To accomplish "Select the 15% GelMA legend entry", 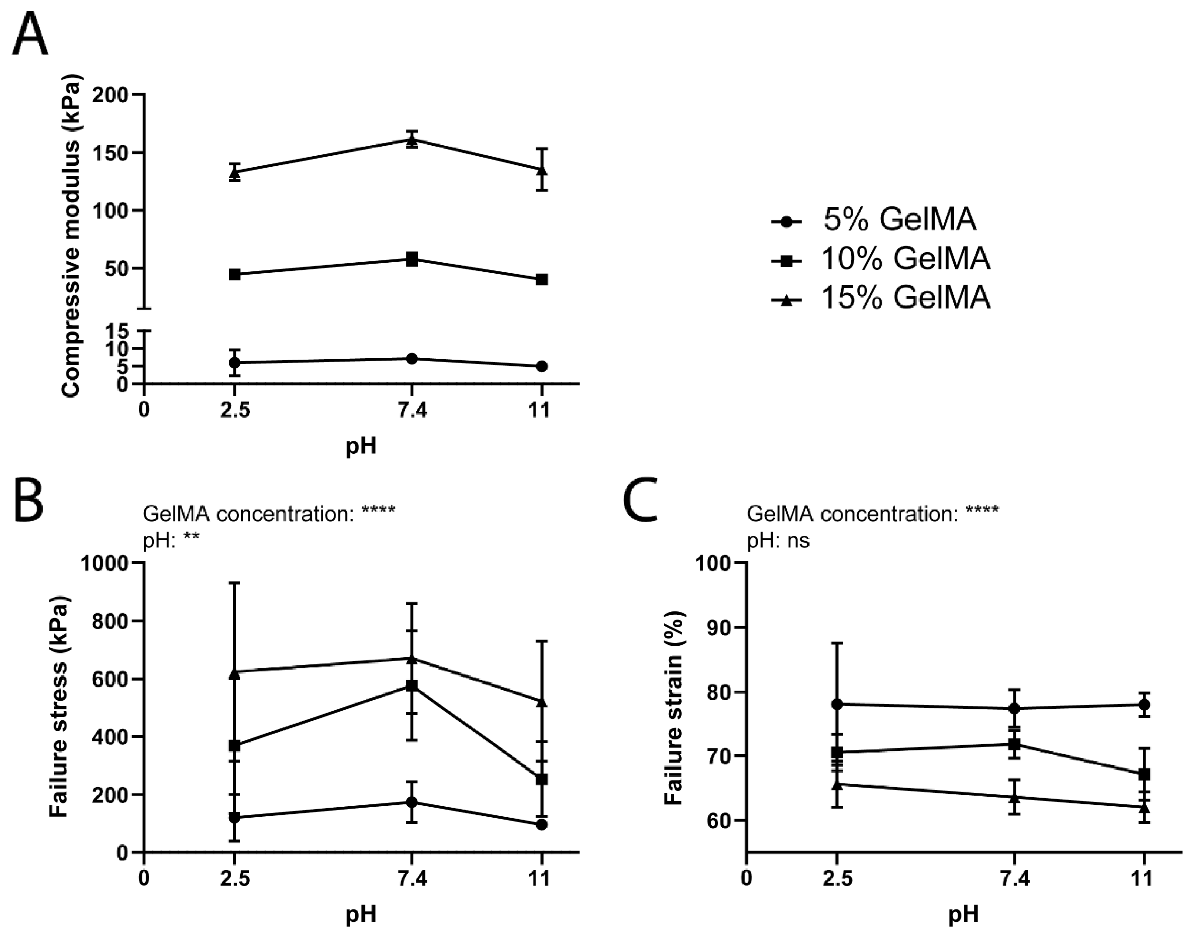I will click(880, 298).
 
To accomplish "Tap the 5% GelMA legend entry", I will click(875, 220).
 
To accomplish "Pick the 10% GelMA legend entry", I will click(880, 259).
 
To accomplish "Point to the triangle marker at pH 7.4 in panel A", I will click(412, 140).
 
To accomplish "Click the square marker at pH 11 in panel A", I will click(542, 280).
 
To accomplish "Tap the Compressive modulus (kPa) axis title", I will click(72, 236).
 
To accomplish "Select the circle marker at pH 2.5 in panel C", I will click(837, 704).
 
